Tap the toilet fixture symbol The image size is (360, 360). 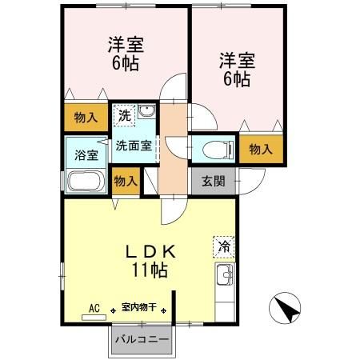coord(215,148)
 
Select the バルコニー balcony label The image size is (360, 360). coord(141,339)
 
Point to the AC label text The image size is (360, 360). coord(94,307)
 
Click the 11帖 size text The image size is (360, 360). coord(150,270)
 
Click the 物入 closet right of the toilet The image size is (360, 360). coord(261,149)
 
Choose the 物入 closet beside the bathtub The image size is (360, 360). coord(126,181)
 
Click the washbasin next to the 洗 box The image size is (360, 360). coord(146,113)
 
